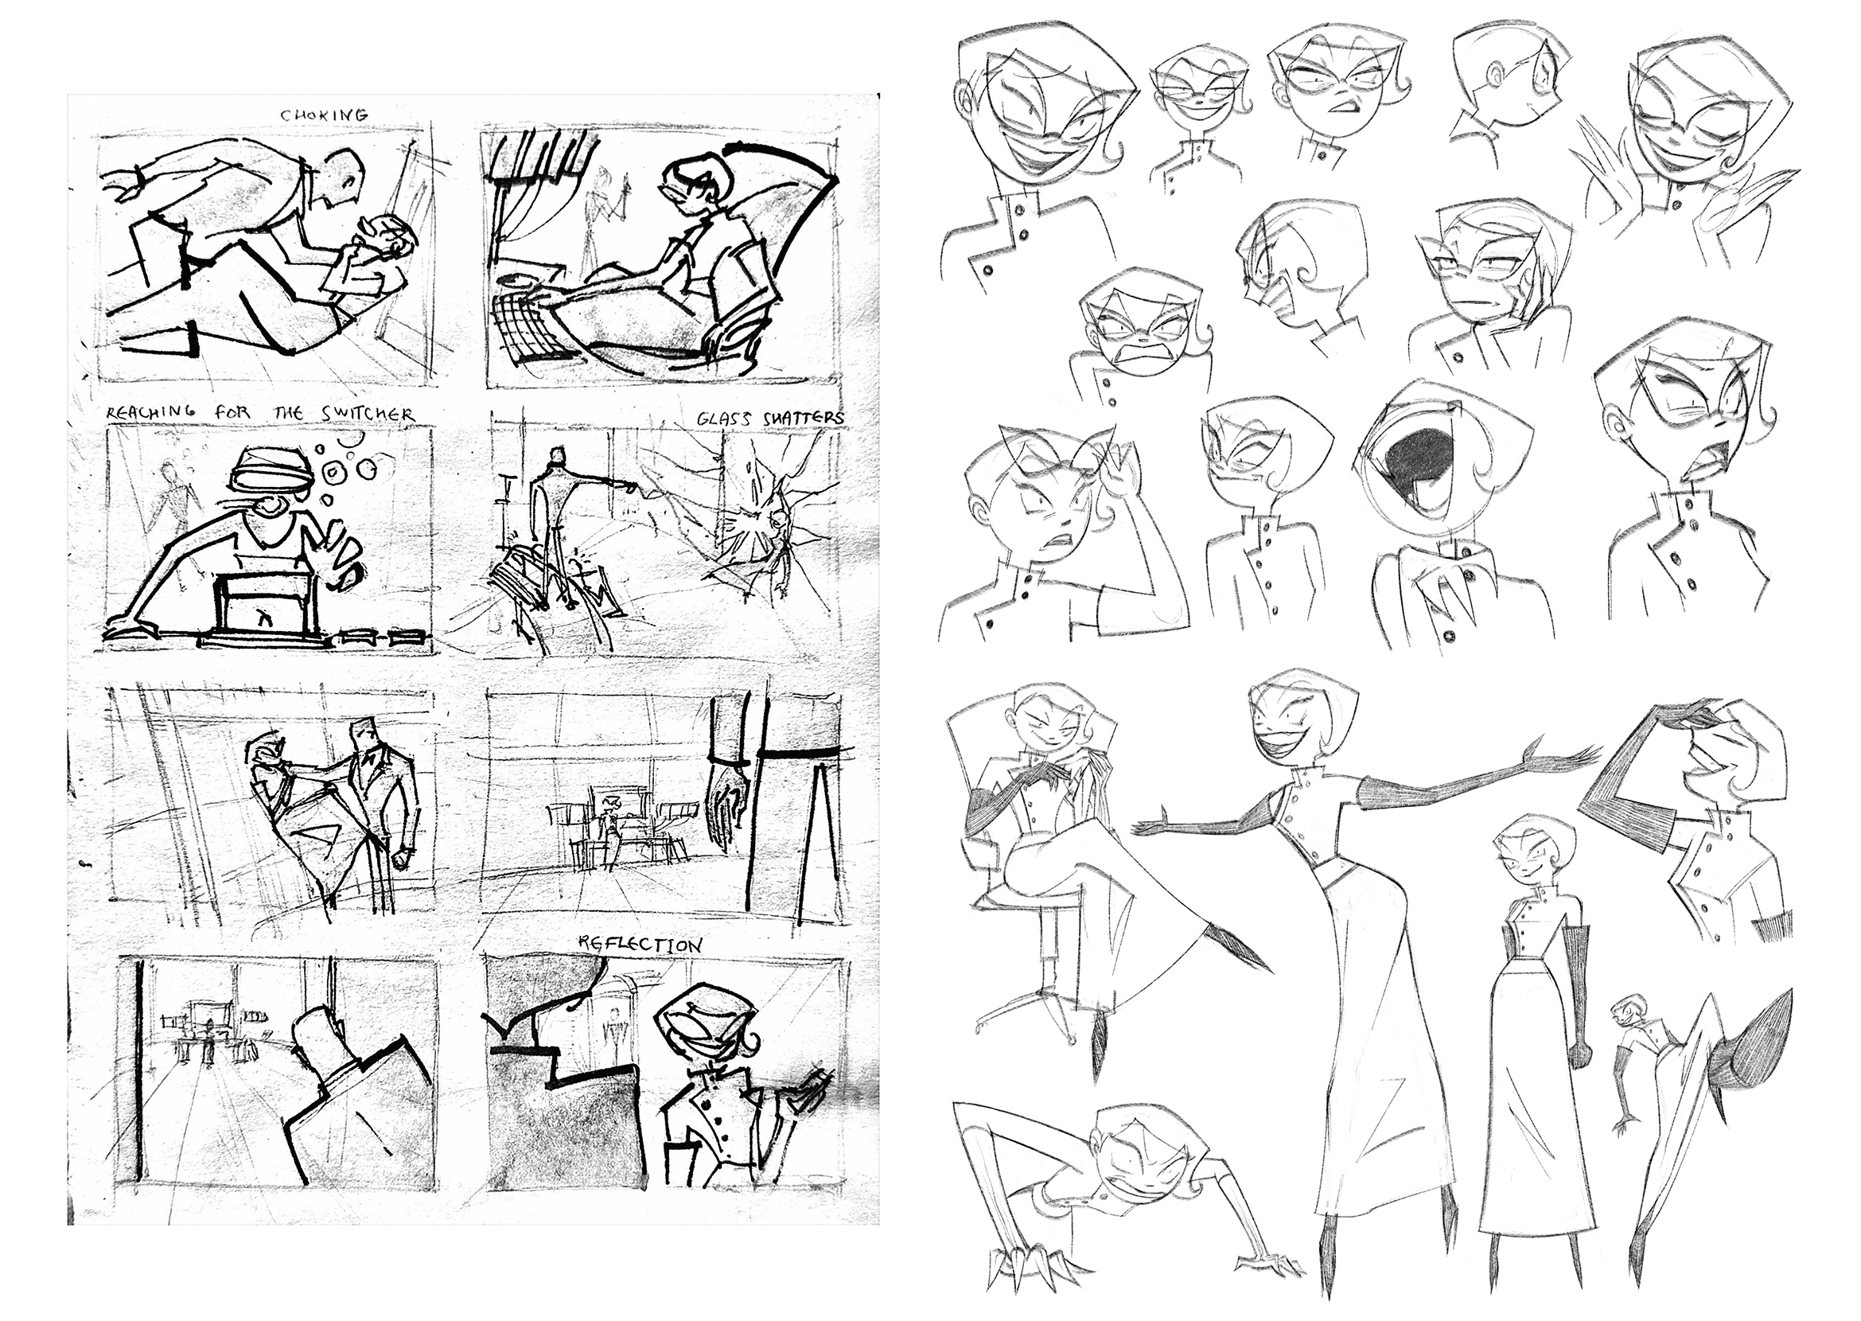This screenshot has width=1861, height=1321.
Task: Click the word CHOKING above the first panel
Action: point(324,115)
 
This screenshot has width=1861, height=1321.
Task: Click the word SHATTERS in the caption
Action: point(803,418)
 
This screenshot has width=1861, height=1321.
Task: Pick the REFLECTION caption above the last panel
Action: point(640,945)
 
